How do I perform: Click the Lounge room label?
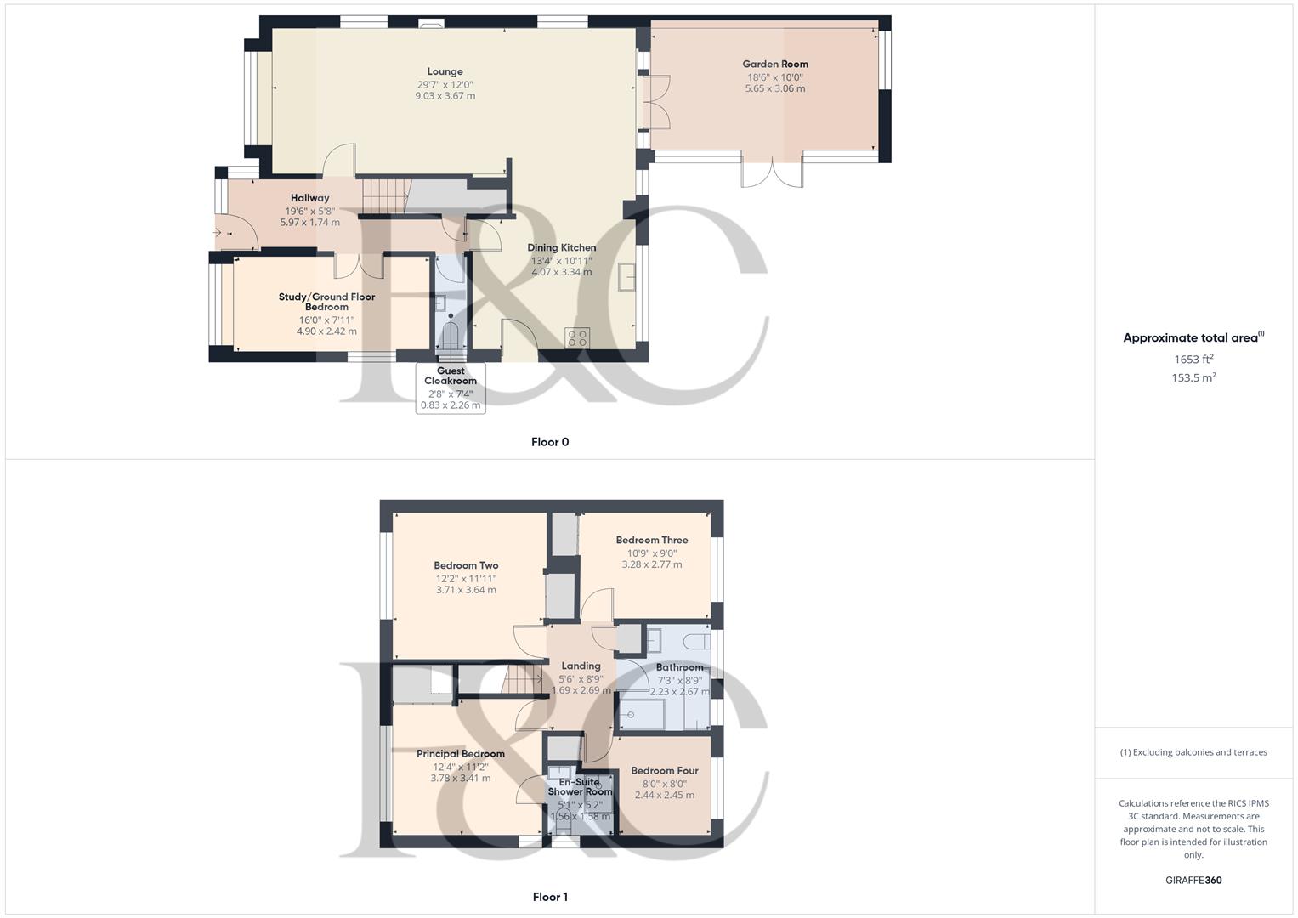[x=445, y=71]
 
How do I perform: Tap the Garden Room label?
[x=775, y=65]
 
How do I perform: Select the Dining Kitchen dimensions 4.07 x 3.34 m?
[x=562, y=272]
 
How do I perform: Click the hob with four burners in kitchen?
[x=577, y=338]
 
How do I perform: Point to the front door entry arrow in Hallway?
[x=218, y=233]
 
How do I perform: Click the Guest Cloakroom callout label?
[x=451, y=376]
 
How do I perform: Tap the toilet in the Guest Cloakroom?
[x=451, y=333]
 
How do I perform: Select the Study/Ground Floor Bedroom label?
[x=326, y=302]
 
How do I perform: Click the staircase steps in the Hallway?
[x=383, y=196]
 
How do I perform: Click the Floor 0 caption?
[x=550, y=442]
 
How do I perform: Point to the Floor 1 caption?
[x=550, y=897]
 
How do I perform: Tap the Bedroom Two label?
[x=466, y=565]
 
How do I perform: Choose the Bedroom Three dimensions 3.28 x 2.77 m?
[x=652, y=564]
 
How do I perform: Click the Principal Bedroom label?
[x=461, y=753]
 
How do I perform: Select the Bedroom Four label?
[x=665, y=770]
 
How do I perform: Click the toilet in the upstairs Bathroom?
[x=698, y=642]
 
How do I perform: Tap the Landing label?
[x=581, y=666]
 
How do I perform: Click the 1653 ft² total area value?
[x=1193, y=360]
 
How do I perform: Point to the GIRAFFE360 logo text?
[x=1193, y=880]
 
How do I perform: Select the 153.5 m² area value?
[x=1193, y=377]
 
